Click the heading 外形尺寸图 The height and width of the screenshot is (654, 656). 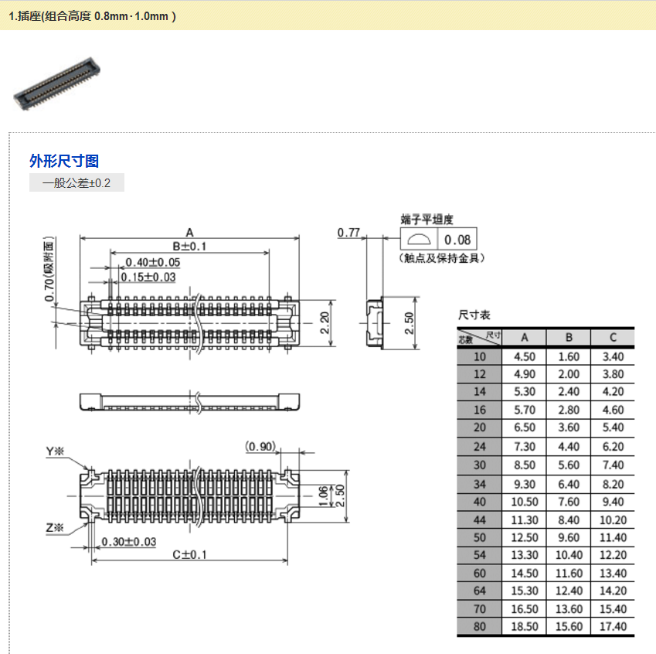tap(64, 161)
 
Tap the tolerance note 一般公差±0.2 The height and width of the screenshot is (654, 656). tap(76, 183)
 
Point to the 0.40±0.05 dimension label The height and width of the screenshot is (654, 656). tap(153, 262)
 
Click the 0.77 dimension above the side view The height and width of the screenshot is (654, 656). tap(349, 232)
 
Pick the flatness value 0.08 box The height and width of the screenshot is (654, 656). tap(457, 240)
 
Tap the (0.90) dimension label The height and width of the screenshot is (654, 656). tap(260, 446)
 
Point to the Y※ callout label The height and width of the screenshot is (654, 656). tap(56, 451)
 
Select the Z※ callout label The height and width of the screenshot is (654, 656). tap(56, 528)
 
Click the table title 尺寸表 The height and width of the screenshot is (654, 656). tap(474, 315)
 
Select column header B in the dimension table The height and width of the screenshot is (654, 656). tap(568, 337)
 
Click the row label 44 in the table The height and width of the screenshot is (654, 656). tap(480, 520)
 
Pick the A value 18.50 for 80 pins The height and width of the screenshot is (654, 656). tap(525, 626)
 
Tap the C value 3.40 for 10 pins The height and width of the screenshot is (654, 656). tap(613, 357)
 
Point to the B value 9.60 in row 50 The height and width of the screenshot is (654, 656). tap(568, 537)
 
